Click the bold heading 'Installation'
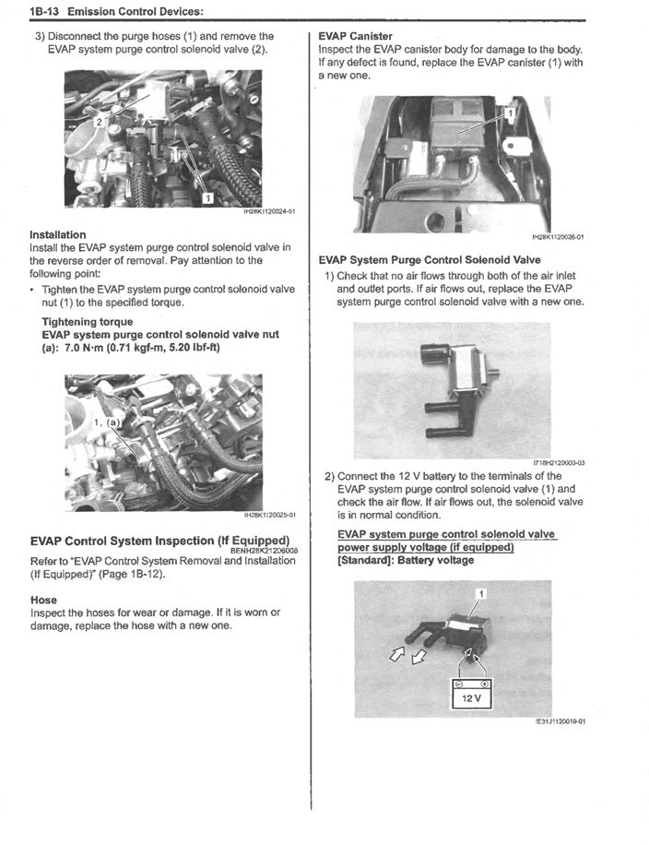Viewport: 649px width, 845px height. (58, 234)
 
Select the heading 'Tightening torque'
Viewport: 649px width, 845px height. (86, 322)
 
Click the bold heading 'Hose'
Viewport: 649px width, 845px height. (43, 600)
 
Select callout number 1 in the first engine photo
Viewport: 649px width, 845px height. (208, 196)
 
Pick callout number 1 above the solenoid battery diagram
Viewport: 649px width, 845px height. (480, 592)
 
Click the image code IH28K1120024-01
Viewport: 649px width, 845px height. (268, 211)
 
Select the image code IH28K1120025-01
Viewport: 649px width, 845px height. (268, 515)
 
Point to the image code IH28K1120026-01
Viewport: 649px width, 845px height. (558, 237)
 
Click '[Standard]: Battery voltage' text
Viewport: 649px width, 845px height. (406, 559)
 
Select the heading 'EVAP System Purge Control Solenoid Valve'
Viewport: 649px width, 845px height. (430, 260)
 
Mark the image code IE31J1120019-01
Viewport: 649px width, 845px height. (560, 722)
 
